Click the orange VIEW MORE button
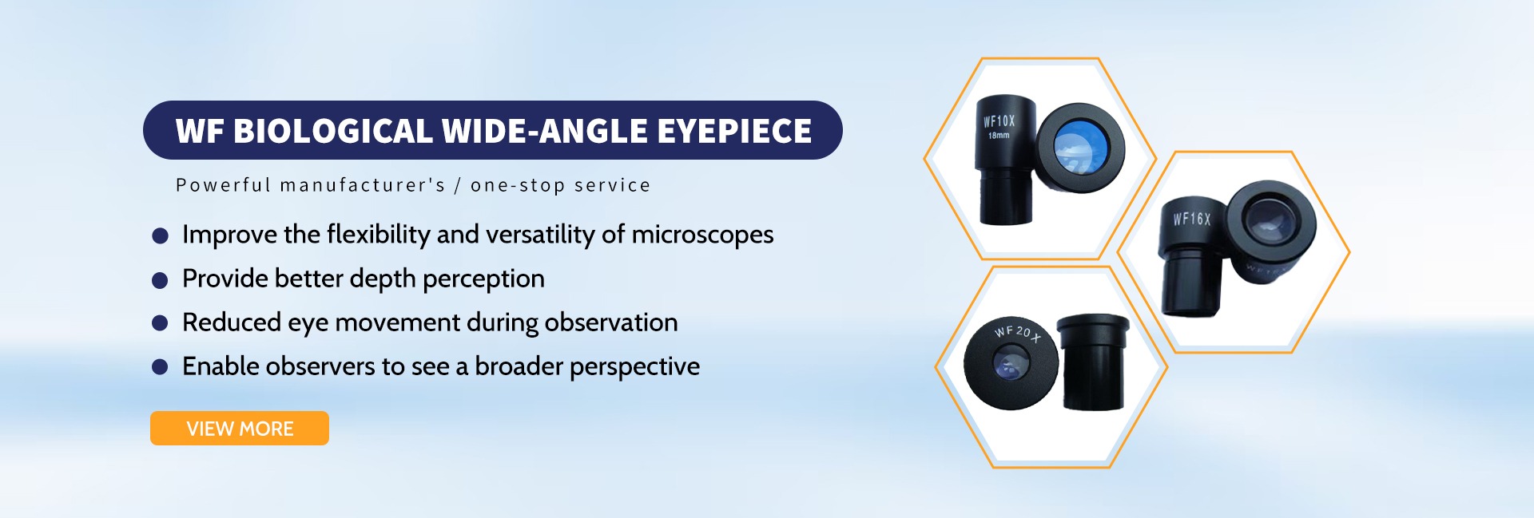pyautogui.click(x=240, y=429)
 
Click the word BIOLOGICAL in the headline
pyautogui.click(x=332, y=131)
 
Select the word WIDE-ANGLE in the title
pyautogui.click(x=544, y=131)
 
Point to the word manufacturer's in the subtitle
pyautogui.click(x=363, y=185)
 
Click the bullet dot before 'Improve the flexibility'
pyautogui.click(x=161, y=235)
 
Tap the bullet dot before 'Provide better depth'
pyautogui.click(x=161, y=279)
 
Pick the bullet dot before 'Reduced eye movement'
pyautogui.click(x=161, y=323)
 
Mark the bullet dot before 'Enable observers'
pyautogui.click(x=161, y=367)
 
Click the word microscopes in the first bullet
pyautogui.click(x=702, y=235)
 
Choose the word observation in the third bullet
pyautogui.click(x=611, y=322)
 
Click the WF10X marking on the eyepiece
pyautogui.click(x=999, y=121)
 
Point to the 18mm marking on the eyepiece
pyautogui.click(x=999, y=136)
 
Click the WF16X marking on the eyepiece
pyautogui.click(x=1192, y=219)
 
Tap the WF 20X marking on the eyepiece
pyautogui.click(x=1018, y=334)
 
